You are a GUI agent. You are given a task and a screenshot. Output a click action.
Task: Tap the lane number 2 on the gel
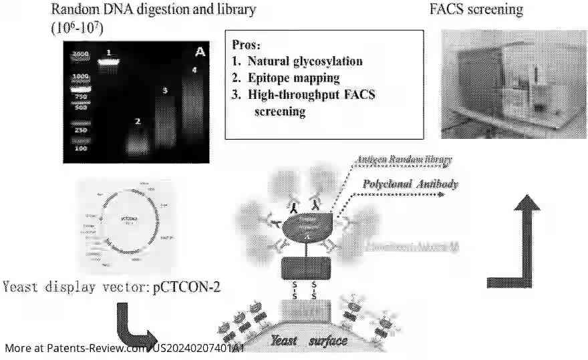(138, 122)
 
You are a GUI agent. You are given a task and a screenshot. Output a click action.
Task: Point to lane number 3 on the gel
(164, 90)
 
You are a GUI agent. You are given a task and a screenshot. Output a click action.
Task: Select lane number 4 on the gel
(194, 69)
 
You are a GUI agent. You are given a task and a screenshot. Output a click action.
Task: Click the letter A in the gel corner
(199, 52)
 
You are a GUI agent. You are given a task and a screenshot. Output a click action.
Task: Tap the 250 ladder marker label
(80, 130)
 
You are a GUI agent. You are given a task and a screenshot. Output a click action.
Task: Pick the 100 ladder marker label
(80, 148)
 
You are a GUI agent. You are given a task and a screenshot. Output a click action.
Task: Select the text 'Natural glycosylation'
(305, 61)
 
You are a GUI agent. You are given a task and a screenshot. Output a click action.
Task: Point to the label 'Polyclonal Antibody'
(410, 184)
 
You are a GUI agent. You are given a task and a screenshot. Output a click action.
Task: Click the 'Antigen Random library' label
(404, 160)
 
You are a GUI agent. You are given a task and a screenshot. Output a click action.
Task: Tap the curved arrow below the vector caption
(133, 327)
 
